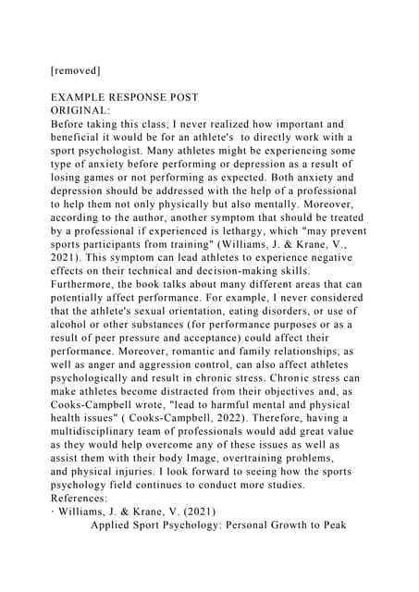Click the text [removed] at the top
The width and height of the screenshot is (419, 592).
pyautogui.click(x=75, y=69)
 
